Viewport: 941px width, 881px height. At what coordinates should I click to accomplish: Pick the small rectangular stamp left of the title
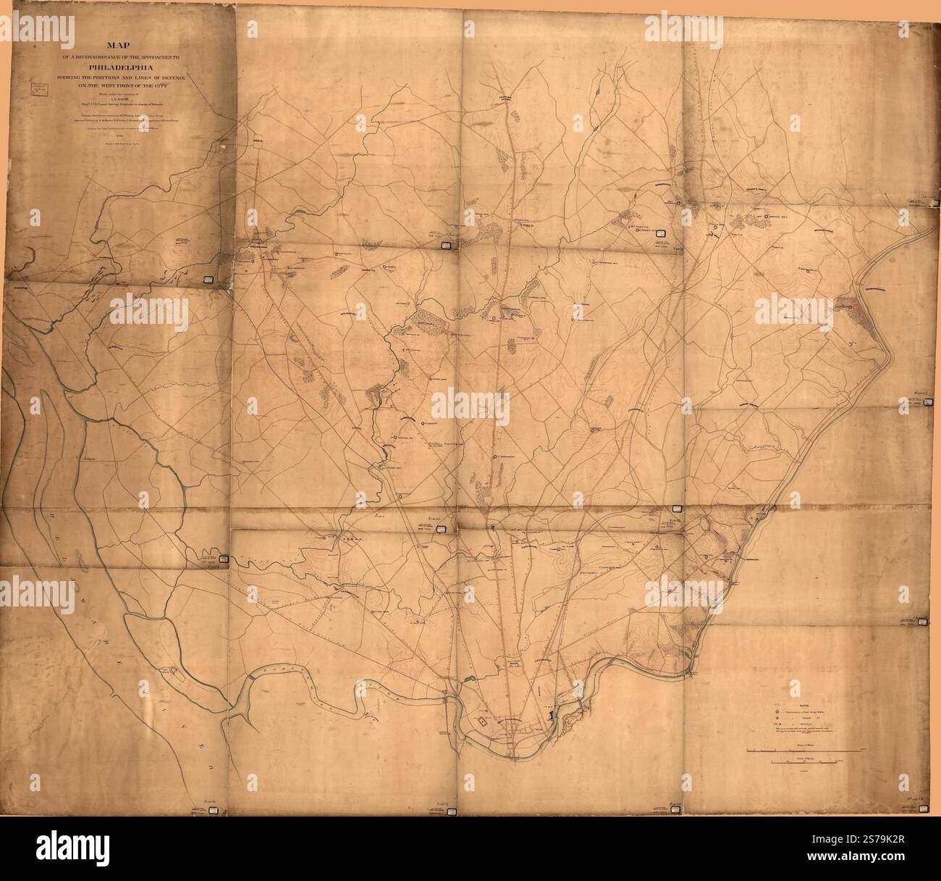click(x=38, y=90)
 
